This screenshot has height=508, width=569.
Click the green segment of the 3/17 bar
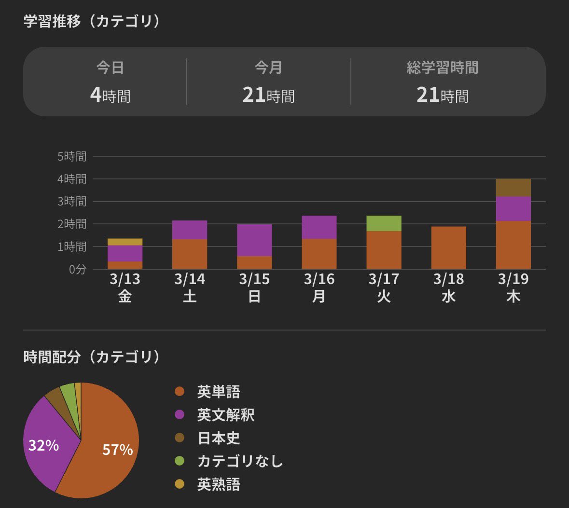click(x=384, y=223)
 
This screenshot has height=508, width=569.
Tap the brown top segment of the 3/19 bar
click(x=513, y=188)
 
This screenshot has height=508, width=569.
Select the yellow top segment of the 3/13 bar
click(x=125, y=242)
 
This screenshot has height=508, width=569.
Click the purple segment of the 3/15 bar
click(x=254, y=240)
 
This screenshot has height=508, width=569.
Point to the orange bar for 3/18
click(x=448, y=248)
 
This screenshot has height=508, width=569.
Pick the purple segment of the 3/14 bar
click(x=190, y=230)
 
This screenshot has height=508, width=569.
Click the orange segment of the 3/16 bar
click(x=319, y=254)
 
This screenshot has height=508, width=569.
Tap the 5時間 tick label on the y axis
click(x=72, y=156)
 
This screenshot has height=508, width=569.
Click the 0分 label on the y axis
click(x=77, y=269)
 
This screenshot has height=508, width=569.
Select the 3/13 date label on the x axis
click(x=125, y=279)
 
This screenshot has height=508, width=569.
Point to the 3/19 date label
click(x=513, y=279)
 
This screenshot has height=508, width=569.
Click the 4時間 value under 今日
click(x=110, y=95)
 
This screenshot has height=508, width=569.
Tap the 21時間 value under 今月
click(x=268, y=95)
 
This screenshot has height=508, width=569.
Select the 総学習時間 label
click(x=442, y=68)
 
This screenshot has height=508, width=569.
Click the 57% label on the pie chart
click(x=117, y=450)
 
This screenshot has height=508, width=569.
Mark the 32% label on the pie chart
click(x=43, y=445)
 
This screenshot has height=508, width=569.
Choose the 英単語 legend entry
click(x=218, y=391)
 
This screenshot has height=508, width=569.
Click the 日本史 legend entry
click(x=218, y=438)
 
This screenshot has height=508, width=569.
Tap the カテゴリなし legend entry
click(x=240, y=461)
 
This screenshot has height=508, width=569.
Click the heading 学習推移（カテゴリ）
click(x=92, y=21)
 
